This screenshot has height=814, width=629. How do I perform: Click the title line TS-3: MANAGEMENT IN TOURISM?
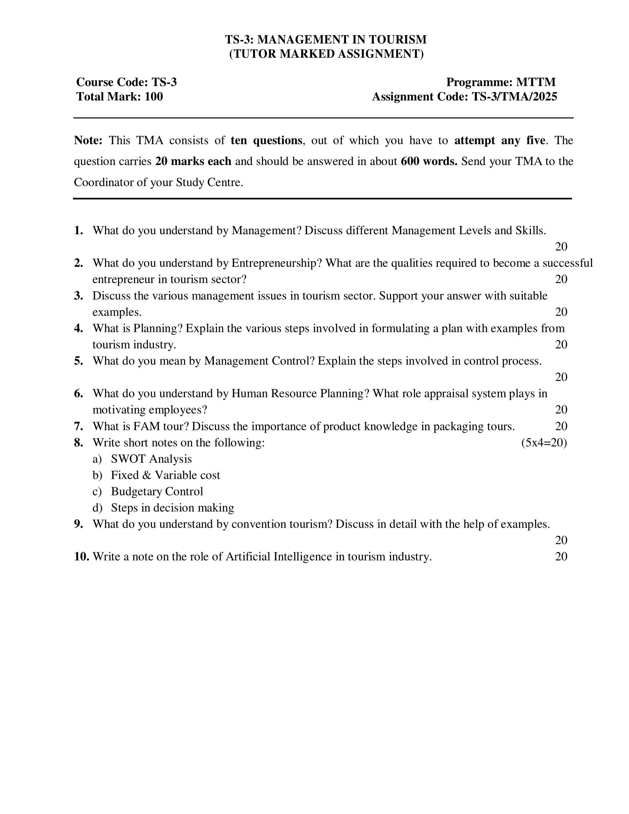[x=326, y=39]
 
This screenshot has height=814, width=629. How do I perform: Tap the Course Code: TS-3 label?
[x=126, y=82]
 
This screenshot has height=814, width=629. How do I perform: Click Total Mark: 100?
[x=120, y=97]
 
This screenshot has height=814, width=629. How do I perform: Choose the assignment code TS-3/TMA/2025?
[x=514, y=97]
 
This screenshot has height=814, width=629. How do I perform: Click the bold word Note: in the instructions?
[x=88, y=141]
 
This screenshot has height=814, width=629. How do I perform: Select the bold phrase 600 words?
[x=429, y=161]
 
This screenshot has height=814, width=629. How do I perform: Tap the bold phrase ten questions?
[x=266, y=141]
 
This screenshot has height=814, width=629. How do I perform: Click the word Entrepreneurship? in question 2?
[x=276, y=263]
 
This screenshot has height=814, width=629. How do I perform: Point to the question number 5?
[x=78, y=361]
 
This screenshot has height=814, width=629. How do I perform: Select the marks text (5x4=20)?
[x=544, y=443]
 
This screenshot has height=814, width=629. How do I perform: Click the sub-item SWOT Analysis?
[x=151, y=459]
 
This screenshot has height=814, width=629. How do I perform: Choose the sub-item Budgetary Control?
[x=157, y=491]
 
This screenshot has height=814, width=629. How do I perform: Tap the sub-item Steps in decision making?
[x=172, y=508]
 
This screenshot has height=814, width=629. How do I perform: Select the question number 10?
[x=81, y=556]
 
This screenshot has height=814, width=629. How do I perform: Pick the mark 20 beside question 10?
[x=561, y=556]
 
